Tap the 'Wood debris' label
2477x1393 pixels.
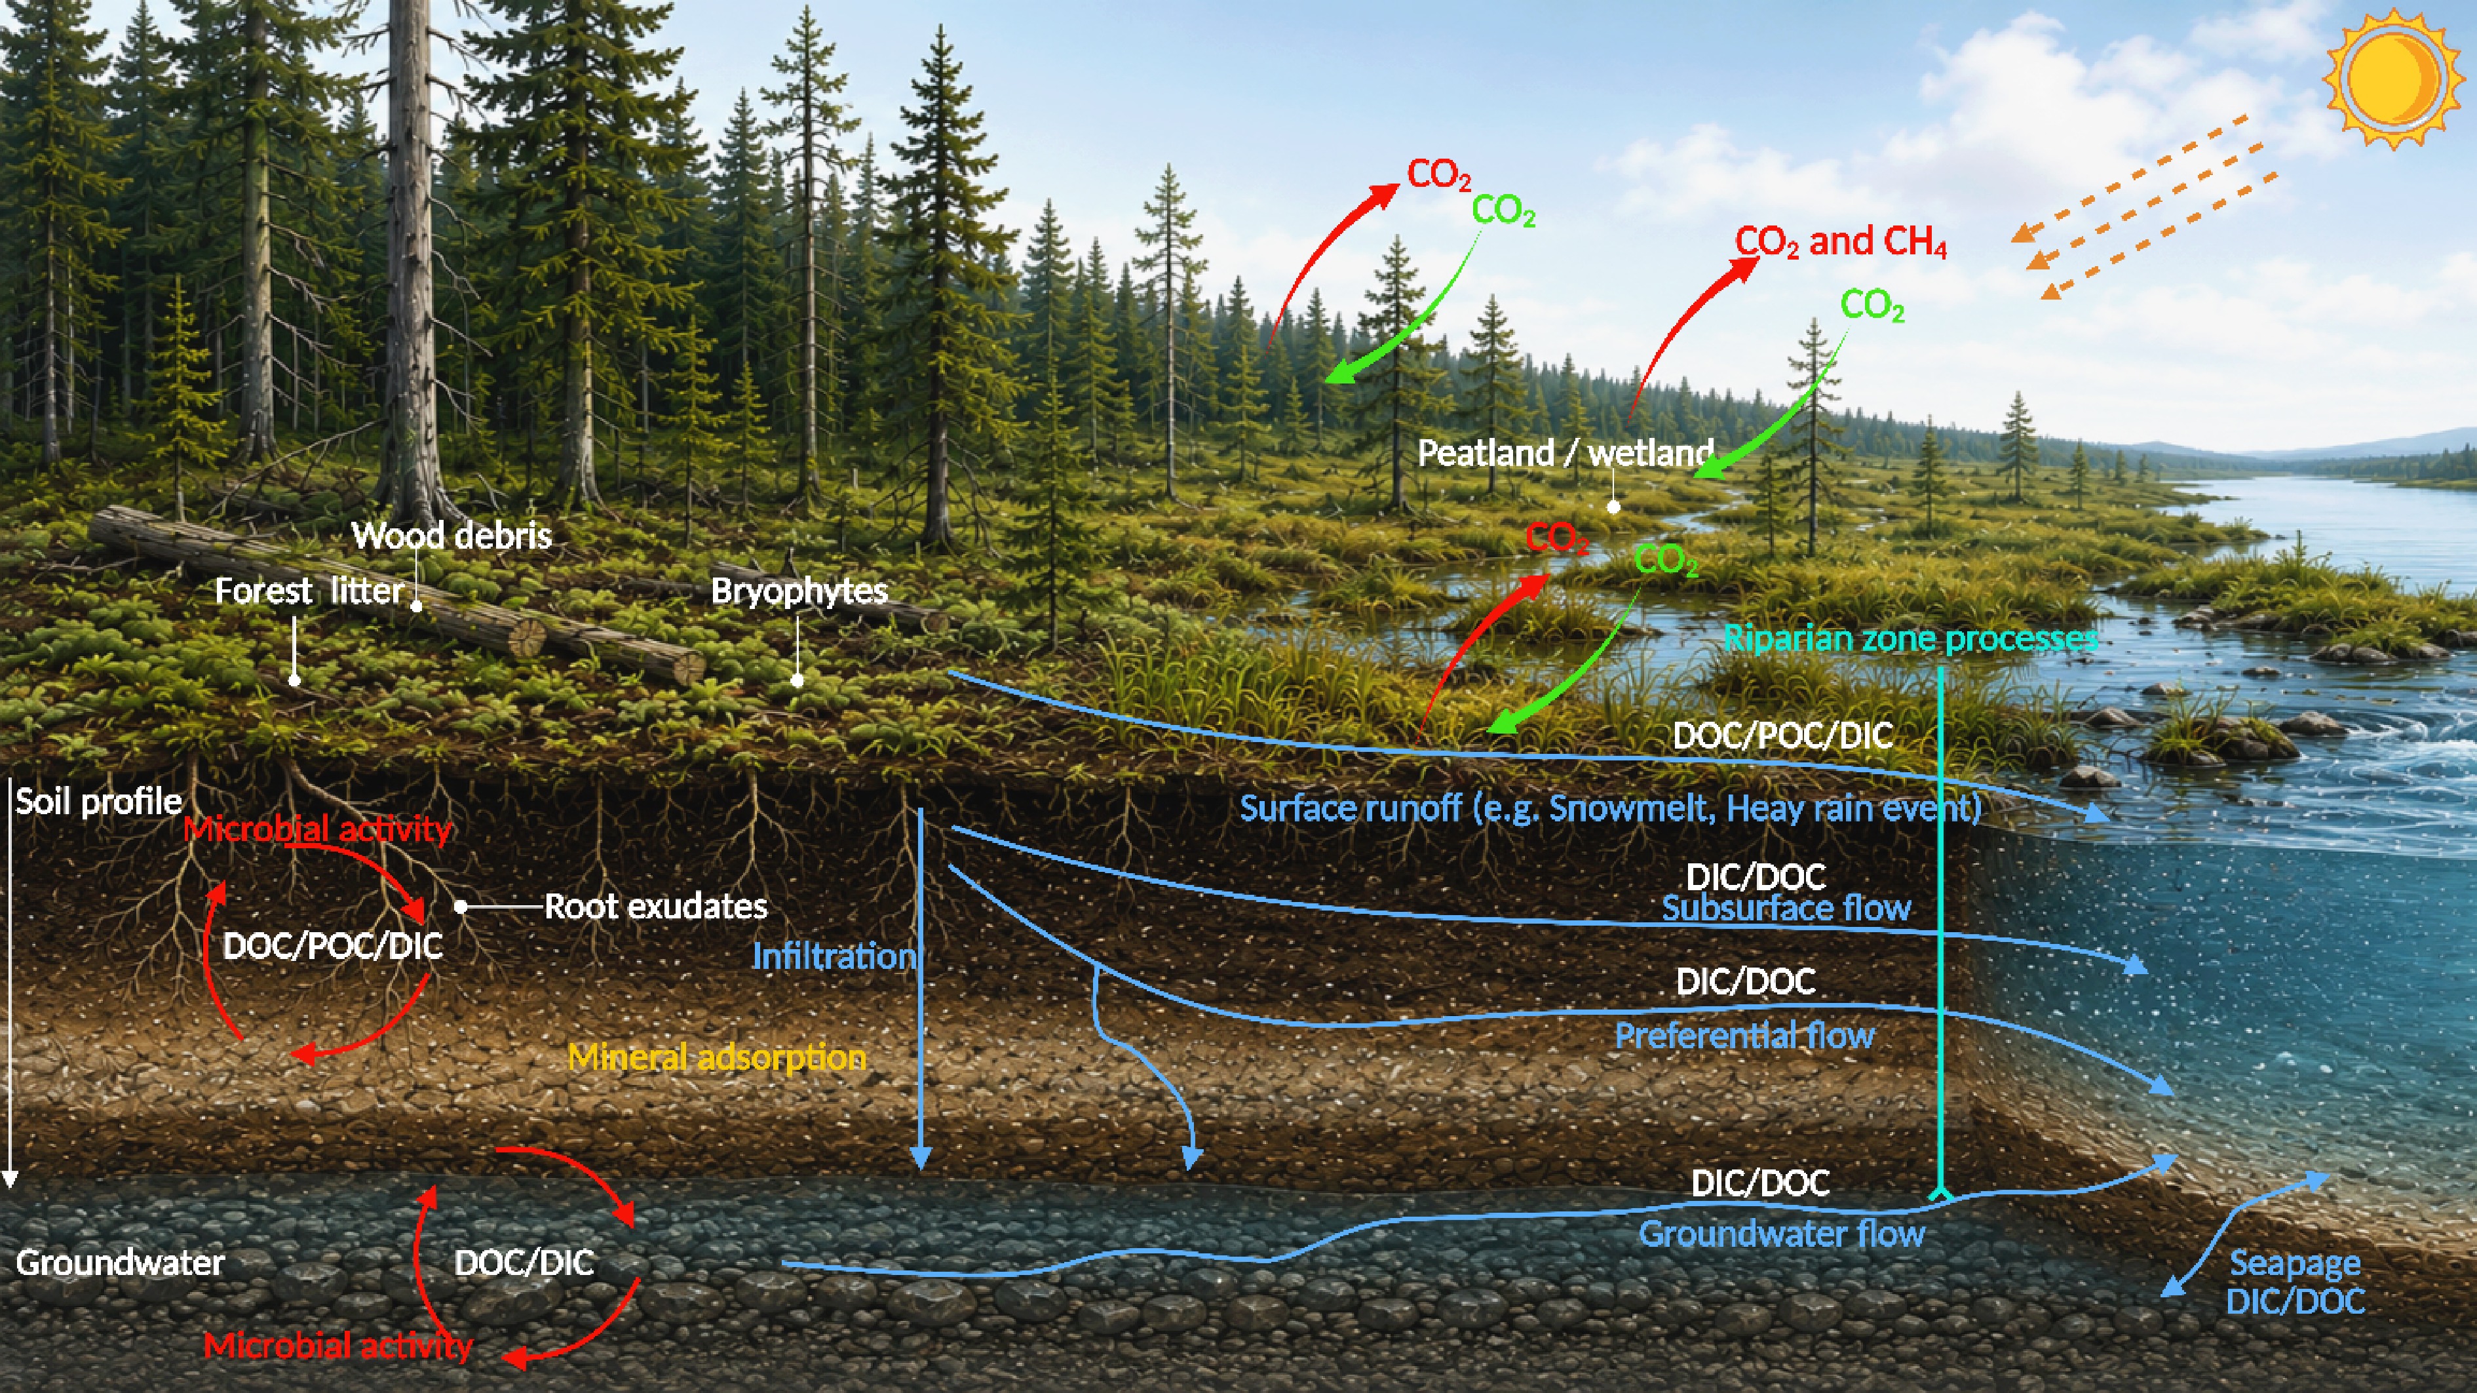coord(451,536)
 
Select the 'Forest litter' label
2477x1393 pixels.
coord(309,591)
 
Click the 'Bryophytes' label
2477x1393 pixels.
coord(799,591)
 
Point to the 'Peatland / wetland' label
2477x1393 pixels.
coord(1565,453)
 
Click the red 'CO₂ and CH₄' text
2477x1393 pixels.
coord(1841,241)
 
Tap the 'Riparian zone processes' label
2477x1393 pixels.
coord(1911,638)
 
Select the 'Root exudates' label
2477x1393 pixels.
coord(656,906)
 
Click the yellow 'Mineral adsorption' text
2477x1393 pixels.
coord(718,1057)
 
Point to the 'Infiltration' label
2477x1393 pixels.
coord(834,956)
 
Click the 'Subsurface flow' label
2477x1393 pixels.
coord(1786,908)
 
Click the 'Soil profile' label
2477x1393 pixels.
coord(98,801)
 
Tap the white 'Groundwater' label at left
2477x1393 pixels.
coord(120,1262)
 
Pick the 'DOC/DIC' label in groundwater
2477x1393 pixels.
coord(524,1263)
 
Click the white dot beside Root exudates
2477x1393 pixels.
coord(461,906)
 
